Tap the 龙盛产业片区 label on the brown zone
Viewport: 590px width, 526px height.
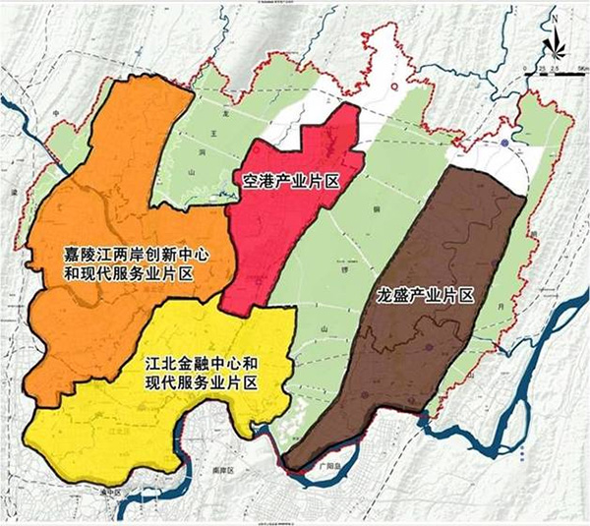pos(425,294)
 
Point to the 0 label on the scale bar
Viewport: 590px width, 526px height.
pos(539,65)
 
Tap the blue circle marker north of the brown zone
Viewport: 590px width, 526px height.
pos(503,146)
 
